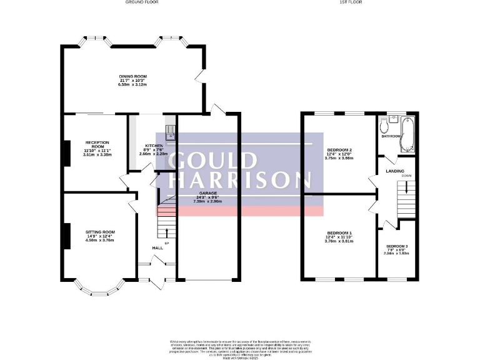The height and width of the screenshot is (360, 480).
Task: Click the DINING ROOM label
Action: pos(132,76)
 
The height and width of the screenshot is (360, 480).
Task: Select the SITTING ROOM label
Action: pos(100,232)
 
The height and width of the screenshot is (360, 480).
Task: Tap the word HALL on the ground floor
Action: pos(157,248)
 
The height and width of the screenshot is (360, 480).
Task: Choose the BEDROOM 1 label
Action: pos(339,233)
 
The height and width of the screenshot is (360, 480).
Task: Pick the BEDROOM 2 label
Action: pos(339,150)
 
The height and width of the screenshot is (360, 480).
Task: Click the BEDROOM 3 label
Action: pos(396,246)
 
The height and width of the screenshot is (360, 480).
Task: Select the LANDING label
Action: pos(395,171)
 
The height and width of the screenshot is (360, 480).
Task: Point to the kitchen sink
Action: pos(169,131)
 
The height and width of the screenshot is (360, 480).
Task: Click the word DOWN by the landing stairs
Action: pos(406,176)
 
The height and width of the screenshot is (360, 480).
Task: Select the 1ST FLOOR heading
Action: pos(351,2)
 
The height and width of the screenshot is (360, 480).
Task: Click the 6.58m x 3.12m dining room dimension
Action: pos(132,84)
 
